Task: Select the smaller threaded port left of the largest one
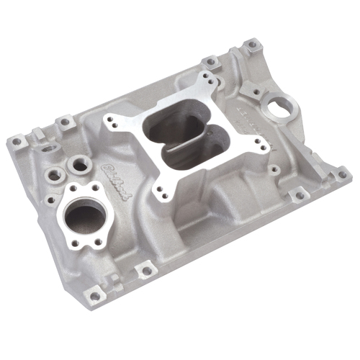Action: coord(54,174)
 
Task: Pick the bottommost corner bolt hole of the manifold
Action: coord(94,295)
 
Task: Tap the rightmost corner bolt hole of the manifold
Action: coord(343,173)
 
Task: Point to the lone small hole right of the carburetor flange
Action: coord(274,170)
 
